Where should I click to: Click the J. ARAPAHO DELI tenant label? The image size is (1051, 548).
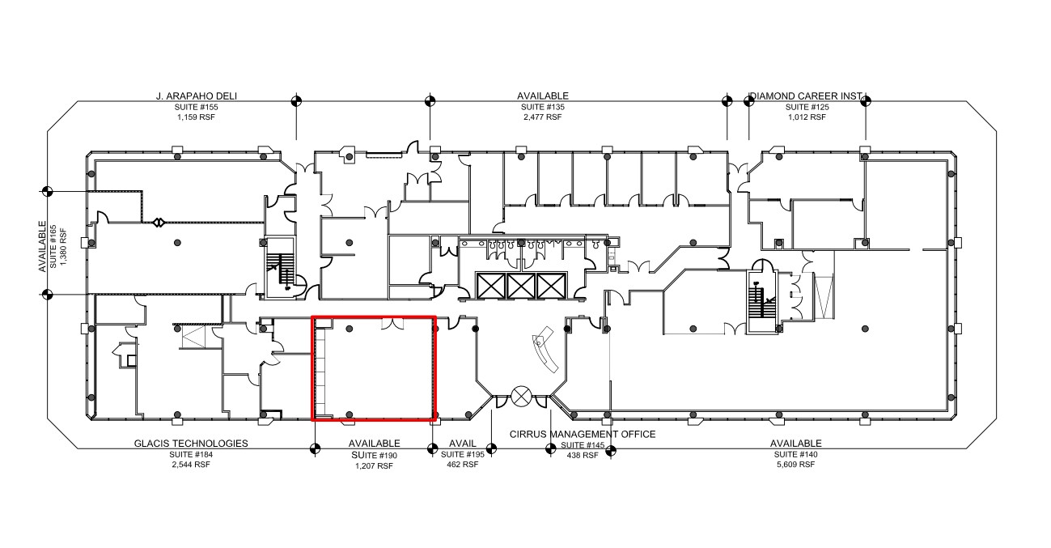197,96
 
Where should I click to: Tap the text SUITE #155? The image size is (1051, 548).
197,107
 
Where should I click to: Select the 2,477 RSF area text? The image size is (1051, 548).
542,117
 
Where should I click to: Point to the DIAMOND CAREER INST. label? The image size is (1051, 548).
807,96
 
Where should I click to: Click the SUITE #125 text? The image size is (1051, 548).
807,107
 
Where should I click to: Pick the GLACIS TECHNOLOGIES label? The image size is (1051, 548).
191,444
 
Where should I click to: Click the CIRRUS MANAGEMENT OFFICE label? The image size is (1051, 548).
583,435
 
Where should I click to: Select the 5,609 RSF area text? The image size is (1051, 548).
795,465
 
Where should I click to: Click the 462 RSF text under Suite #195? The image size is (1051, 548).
458,465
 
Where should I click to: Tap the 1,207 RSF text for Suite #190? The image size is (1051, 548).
374,465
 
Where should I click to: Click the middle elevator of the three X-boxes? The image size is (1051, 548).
522,285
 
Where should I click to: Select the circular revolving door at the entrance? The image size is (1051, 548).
522,397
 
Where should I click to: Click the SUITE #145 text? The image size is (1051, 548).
583,445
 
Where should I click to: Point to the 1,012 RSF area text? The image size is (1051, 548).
807,117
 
